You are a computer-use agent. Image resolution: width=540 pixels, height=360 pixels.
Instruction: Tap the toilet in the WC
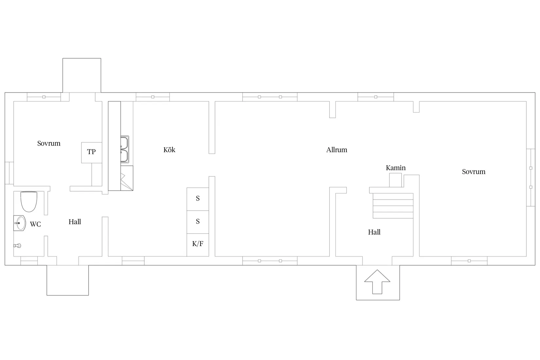click(29, 201)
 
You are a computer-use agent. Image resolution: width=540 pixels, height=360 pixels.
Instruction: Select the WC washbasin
click(20, 223)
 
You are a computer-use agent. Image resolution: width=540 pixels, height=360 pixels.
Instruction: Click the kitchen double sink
click(124, 150)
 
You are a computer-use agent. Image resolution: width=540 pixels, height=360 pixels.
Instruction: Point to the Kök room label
click(169, 150)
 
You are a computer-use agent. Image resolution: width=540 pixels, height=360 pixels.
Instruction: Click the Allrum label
click(336, 150)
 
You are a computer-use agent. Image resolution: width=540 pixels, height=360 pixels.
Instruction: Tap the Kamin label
click(395, 168)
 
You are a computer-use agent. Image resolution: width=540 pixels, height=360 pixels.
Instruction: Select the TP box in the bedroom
click(91, 152)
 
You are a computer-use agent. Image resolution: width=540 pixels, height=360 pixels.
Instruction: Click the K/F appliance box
click(198, 244)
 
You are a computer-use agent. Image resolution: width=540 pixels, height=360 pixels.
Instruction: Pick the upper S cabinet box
click(198, 199)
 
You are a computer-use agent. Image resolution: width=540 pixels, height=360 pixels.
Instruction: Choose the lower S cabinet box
click(198, 222)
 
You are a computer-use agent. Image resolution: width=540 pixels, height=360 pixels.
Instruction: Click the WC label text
click(35, 224)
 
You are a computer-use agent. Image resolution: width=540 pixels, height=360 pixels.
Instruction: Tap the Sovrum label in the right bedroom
click(473, 172)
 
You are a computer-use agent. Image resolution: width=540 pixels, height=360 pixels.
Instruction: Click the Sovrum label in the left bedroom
click(49, 143)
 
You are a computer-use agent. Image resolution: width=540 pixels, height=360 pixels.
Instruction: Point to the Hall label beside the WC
click(75, 222)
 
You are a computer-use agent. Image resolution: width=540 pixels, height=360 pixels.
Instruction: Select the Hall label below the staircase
click(374, 232)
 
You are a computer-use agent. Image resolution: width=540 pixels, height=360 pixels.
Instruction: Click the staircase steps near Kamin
click(393, 206)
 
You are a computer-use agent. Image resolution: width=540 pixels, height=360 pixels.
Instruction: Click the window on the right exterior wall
click(530, 177)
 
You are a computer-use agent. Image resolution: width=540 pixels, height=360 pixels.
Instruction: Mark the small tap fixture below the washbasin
click(17, 245)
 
